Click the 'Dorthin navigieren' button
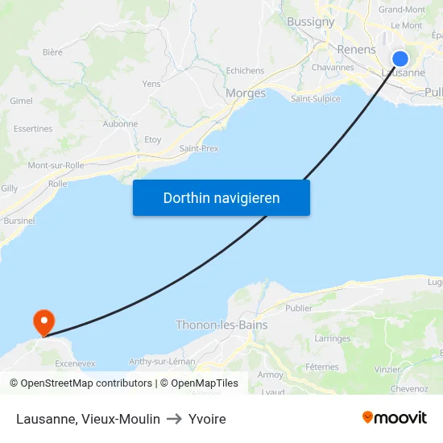click(221, 198)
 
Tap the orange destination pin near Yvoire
click(43, 323)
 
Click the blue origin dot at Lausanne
click(400, 59)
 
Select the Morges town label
click(246, 93)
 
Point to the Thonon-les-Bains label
click(221, 325)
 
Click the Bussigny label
click(311, 22)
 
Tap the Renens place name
click(356, 50)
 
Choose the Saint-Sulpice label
click(316, 99)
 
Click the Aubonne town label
click(120, 124)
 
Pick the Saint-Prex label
click(199, 148)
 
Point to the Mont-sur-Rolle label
click(56, 165)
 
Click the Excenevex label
click(75, 363)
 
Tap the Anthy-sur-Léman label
click(162, 361)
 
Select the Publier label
click(298, 308)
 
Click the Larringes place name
click(333, 339)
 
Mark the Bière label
click(52, 52)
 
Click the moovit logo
click(395, 418)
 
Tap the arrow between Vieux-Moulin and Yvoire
click(174, 419)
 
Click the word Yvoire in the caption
click(207, 419)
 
